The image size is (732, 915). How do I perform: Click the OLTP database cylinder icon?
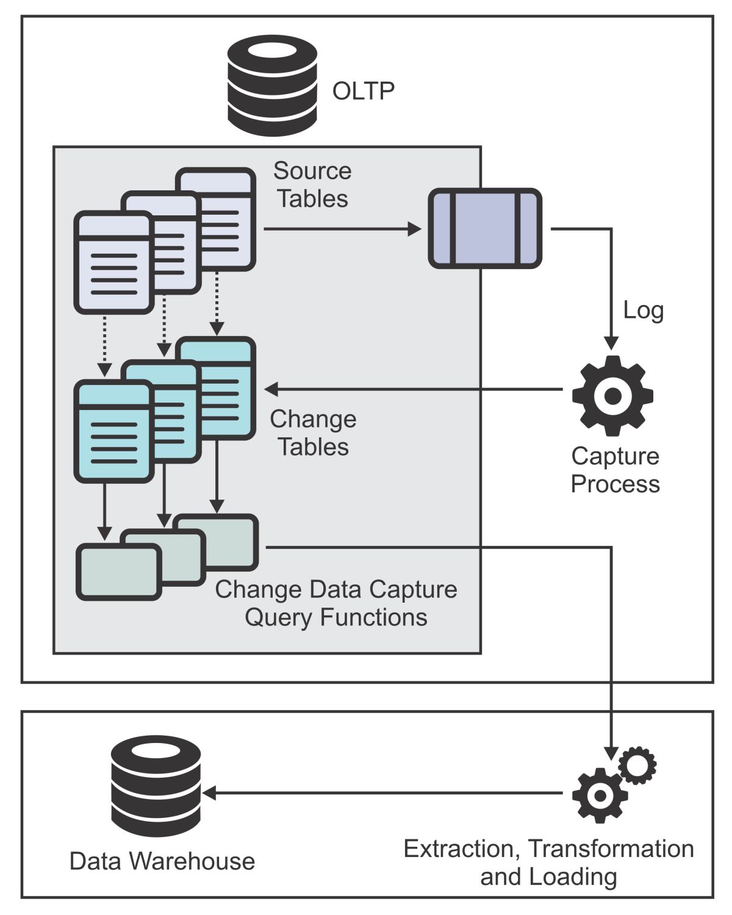tap(272, 85)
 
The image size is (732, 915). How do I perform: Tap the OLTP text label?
tap(364, 91)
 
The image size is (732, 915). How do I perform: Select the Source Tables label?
tap(312, 185)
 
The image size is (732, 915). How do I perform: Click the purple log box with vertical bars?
tap(485, 228)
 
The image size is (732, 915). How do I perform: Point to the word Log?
tap(643, 310)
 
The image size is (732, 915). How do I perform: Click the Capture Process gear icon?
tap(612, 395)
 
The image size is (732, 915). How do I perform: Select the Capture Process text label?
tap(615, 470)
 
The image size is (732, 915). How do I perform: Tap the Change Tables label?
tap(314, 433)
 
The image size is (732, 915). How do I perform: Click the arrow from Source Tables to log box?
tap(342, 229)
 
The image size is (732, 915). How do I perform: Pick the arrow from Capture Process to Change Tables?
tap(415, 389)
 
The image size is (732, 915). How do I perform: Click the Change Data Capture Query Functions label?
tap(336, 603)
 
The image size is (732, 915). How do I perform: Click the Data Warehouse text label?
tap(162, 861)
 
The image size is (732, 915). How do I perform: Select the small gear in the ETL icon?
tap(637, 764)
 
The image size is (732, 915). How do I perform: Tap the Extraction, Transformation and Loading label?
tap(548, 863)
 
